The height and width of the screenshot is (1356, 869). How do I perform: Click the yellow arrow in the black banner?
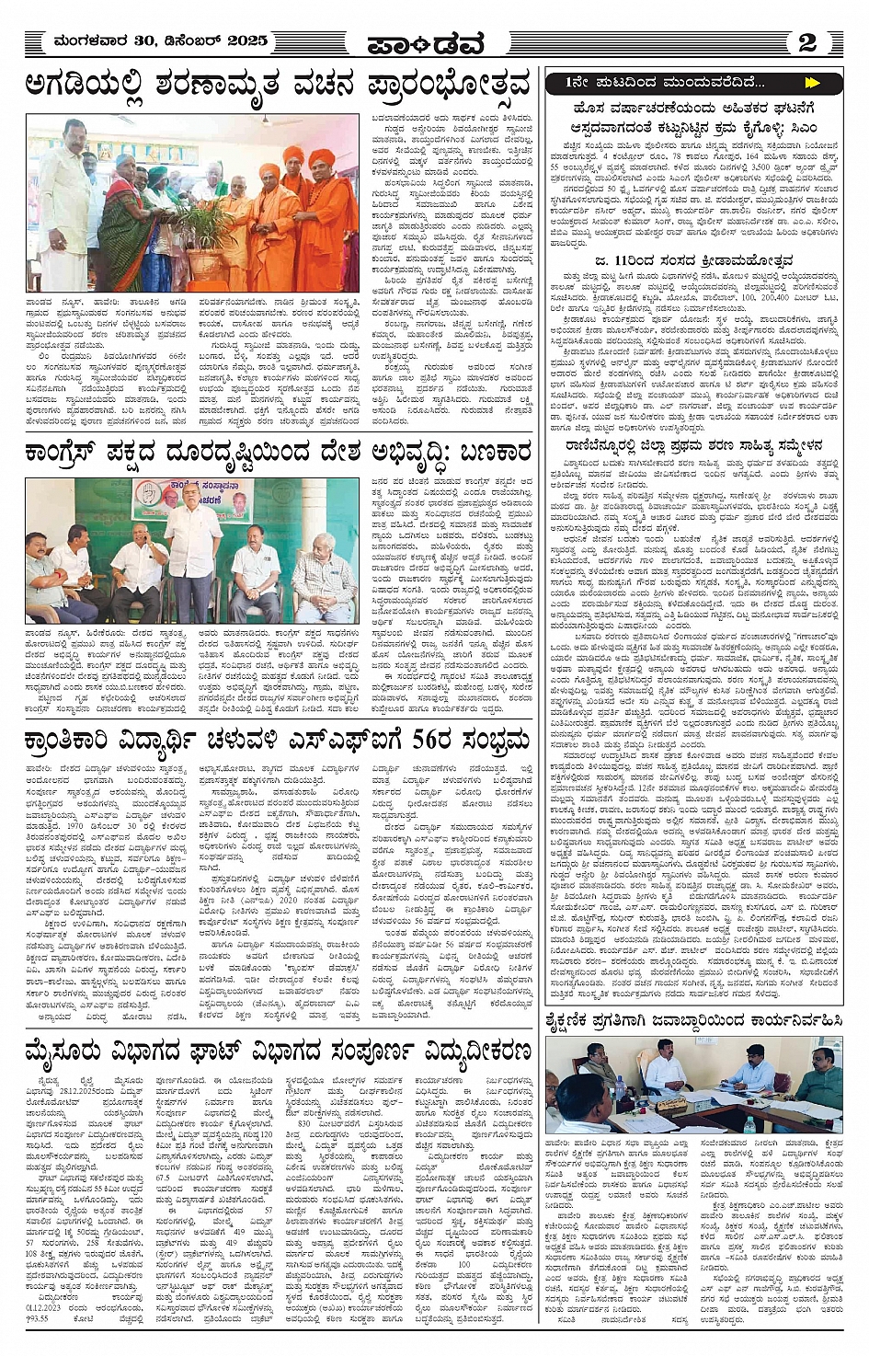810,83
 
